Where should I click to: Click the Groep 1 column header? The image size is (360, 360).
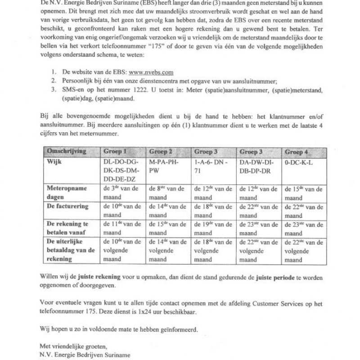[x=116, y=151]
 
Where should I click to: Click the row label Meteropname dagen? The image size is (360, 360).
[x=67, y=192]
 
